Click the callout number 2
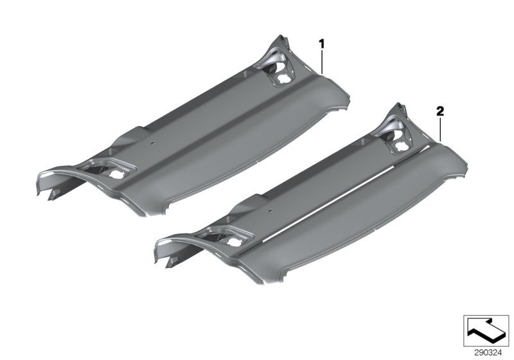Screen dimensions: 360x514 (440, 111)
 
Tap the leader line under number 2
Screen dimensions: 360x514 (440, 127)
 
